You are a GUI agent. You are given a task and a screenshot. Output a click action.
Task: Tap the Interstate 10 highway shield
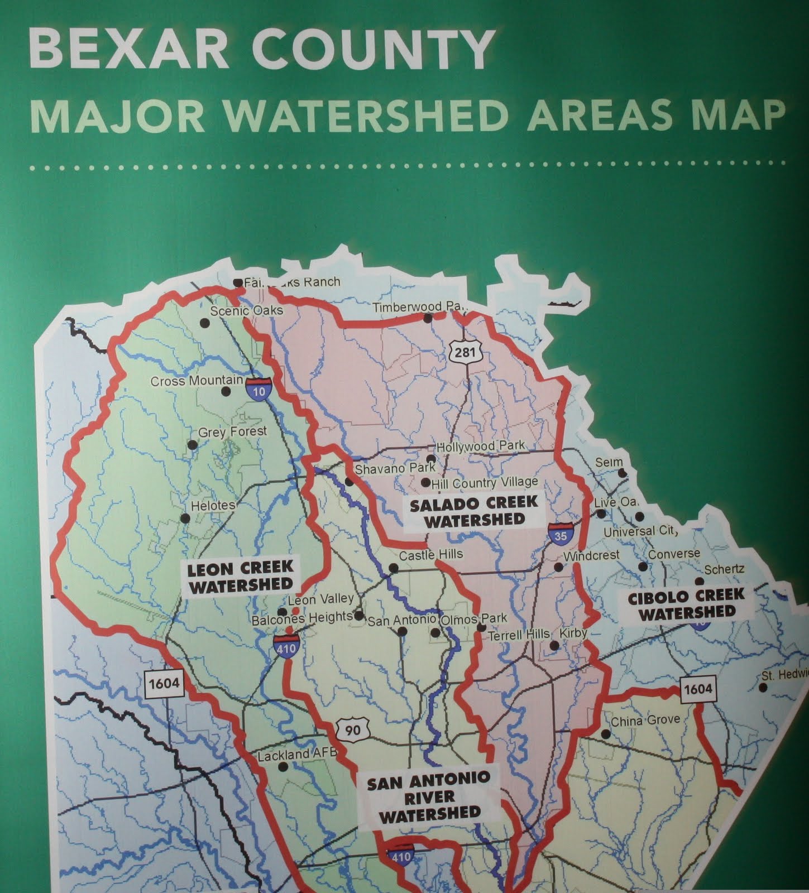pyautogui.click(x=259, y=387)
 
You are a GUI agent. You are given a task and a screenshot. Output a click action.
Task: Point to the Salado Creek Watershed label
pyautogui.click(x=473, y=511)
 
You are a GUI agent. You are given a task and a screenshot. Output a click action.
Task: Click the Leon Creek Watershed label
pyautogui.click(x=240, y=576)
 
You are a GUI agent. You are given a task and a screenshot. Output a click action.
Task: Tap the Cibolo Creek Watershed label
pyautogui.click(x=686, y=604)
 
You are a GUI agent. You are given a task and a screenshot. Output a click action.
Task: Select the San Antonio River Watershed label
pyautogui.click(x=429, y=796)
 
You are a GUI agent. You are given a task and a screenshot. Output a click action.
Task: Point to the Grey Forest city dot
pyautogui.click(x=192, y=445)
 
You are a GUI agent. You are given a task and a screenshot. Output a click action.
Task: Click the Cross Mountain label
pyautogui.click(x=197, y=381)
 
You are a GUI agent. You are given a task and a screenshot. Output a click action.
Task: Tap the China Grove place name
pyautogui.click(x=645, y=721)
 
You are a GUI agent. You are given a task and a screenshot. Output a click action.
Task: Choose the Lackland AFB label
pyautogui.click(x=298, y=755)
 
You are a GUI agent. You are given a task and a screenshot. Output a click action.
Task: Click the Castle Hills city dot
pyautogui.click(x=393, y=568)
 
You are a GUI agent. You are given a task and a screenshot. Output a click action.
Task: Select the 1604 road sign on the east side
pyautogui.click(x=697, y=688)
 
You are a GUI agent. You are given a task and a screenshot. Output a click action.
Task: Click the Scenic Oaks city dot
pyautogui.click(x=204, y=323)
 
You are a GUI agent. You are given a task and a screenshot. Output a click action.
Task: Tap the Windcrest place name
pyautogui.click(x=591, y=556)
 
